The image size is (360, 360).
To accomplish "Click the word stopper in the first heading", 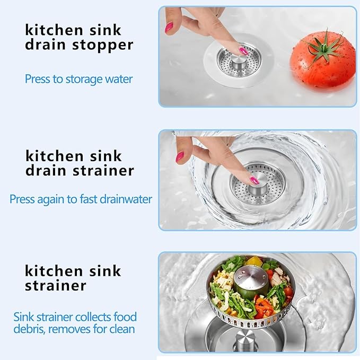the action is (103, 45).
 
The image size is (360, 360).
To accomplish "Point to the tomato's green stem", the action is (322, 48).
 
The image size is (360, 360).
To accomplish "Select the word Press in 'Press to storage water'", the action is (38, 79).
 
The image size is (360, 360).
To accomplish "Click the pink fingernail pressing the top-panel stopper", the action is (243, 50).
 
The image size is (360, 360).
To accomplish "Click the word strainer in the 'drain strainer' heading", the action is (103, 171).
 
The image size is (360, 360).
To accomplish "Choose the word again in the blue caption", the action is (51, 200).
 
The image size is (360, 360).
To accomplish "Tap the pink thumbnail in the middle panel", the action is (180, 157).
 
